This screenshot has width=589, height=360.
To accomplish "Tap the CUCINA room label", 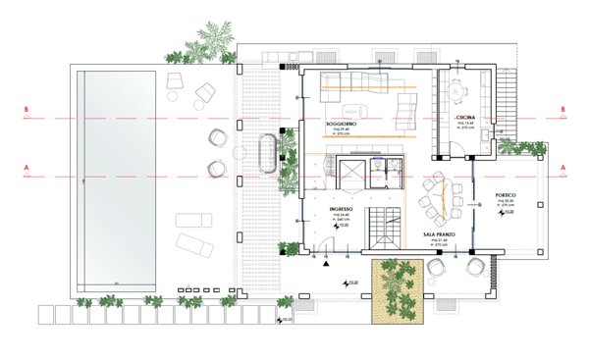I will (x=465, y=118).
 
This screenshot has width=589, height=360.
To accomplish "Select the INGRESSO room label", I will (x=342, y=209).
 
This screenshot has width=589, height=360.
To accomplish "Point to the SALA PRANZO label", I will (x=441, y=235).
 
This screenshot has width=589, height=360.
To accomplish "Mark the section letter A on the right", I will (x=563, y=168).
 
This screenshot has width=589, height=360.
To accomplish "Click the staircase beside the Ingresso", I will (x=383, y=231).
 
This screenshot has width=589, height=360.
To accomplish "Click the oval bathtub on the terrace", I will (x=266, y=153).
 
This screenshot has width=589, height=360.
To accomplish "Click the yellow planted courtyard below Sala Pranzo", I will (x=396, y=291).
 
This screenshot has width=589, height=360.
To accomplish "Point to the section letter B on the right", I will (x=563, y=110).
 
